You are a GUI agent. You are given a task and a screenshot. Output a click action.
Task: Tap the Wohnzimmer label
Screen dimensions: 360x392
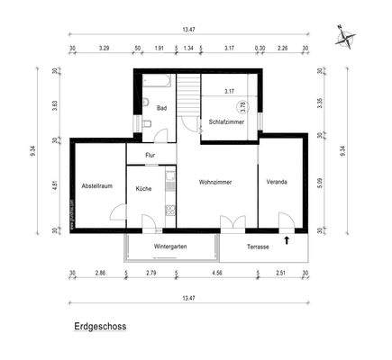click(x=215, y=182)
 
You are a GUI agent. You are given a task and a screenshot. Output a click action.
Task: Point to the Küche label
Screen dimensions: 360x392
click(x=144, y=189)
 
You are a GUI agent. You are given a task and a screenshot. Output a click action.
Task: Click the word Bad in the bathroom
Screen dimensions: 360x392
click(x=161, y=109)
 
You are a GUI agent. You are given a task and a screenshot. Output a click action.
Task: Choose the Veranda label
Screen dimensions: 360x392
click(x=277, y=182)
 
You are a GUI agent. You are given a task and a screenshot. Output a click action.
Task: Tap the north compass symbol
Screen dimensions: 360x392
click(x=345, y=38)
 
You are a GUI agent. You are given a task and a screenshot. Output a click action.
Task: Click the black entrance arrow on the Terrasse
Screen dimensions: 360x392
click(x=287, y=239)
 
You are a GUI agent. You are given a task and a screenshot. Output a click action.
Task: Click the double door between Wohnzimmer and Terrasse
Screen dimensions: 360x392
click(x=232, y=222)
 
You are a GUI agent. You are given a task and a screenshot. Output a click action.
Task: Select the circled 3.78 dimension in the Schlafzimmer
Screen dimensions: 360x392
click(x=242, y=105)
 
